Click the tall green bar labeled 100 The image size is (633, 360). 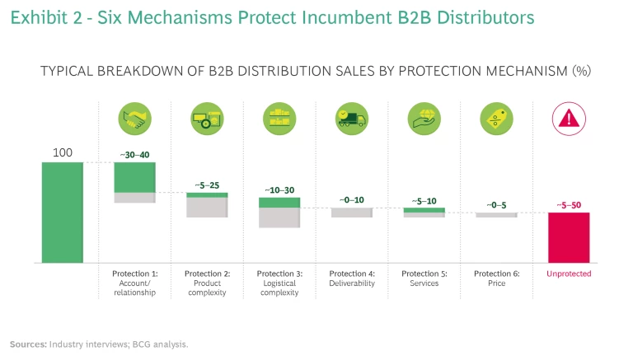click(63, 212)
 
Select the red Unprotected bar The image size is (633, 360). click(569, 237)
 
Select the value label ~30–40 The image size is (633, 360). click(134, 154)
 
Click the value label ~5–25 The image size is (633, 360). click(207, 185)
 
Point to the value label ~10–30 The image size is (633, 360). click(279, 189)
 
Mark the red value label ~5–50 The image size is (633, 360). click(569, 204)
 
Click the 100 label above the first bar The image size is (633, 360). click(63, 152)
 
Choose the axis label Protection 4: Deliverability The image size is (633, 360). click(352, 278)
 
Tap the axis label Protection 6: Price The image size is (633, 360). click(496, 278)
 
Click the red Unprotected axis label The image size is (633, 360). click(569, 274)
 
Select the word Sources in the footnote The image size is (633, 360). click(27, 344)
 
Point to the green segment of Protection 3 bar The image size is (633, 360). click(279, 202)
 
